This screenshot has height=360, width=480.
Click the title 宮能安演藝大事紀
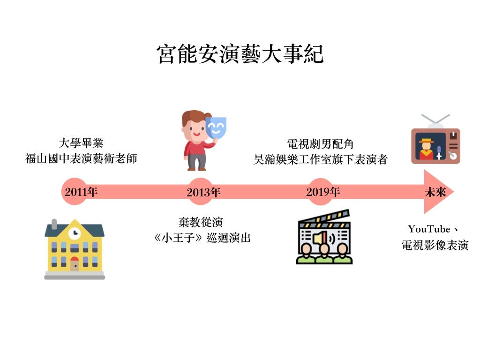(x=240, y=54)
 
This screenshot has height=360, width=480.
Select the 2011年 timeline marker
(x=81, y=192)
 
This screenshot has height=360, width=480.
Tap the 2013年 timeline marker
(x=203, y=192)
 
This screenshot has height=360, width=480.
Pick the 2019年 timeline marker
(x=322, y=192)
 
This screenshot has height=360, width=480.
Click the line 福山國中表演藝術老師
(x=81, y=158)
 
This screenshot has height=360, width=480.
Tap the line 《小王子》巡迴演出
(x=202, y=238)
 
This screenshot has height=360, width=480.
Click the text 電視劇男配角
(x=320, y=144)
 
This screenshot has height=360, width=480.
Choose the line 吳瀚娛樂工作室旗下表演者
(x=320, y=159)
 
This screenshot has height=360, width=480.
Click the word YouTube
(x=428, y=229)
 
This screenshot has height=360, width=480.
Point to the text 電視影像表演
(x=435, y=245)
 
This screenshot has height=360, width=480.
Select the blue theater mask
(x=216, y=127)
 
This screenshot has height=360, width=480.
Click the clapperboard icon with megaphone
(x=324, y=237)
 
